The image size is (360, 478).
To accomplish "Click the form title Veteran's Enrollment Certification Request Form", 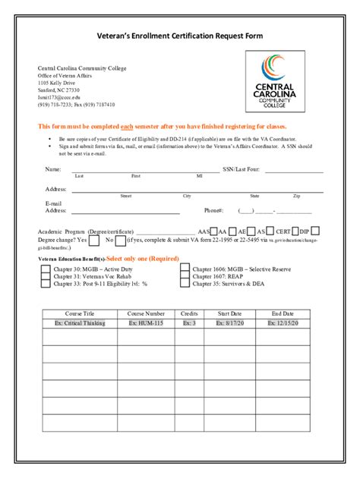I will (x=180, y=36).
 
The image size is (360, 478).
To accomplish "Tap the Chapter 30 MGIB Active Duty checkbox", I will (x=46, y=268).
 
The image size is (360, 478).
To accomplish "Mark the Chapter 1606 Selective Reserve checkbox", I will (x=185, y=268).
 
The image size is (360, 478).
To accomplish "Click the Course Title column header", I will (x=80, y=313).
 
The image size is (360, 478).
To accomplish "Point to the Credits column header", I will (x=189, y=313).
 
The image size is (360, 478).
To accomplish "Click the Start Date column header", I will (x=229, y=313).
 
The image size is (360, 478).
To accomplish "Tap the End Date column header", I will (x=283, y=313).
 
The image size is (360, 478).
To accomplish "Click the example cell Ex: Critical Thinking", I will (x=80, y=323).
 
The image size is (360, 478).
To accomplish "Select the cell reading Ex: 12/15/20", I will (x=283, y=323).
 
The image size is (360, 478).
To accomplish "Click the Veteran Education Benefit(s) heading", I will (x=72, y=259).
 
